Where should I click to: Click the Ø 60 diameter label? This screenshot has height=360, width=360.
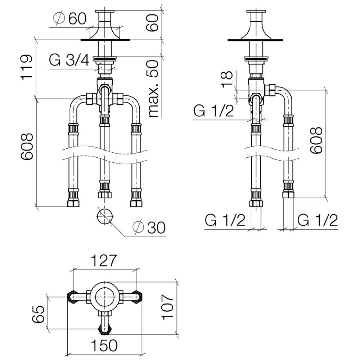70,18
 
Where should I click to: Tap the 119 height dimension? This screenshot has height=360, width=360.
27,68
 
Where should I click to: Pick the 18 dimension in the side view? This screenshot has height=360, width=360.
227,80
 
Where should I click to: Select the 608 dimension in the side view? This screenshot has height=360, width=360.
316,140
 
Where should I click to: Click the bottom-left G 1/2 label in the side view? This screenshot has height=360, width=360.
225,220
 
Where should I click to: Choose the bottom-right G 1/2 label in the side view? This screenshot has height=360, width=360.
318,220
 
